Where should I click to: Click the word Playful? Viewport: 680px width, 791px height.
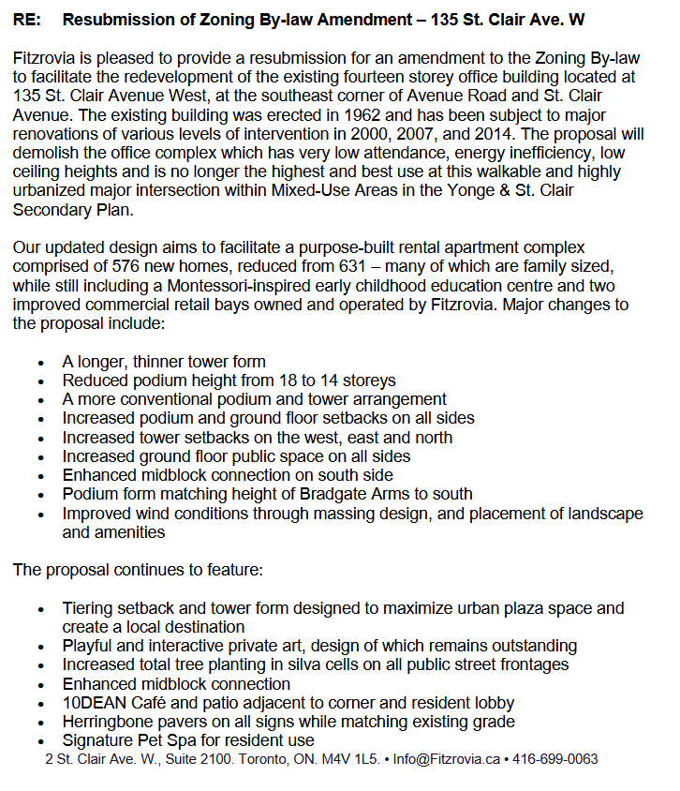pos(87,646)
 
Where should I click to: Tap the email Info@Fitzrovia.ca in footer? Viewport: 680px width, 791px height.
pos(447,759)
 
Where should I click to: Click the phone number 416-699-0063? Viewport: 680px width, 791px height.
pos(554,759)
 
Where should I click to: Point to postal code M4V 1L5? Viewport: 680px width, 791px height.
pos(347,759)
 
